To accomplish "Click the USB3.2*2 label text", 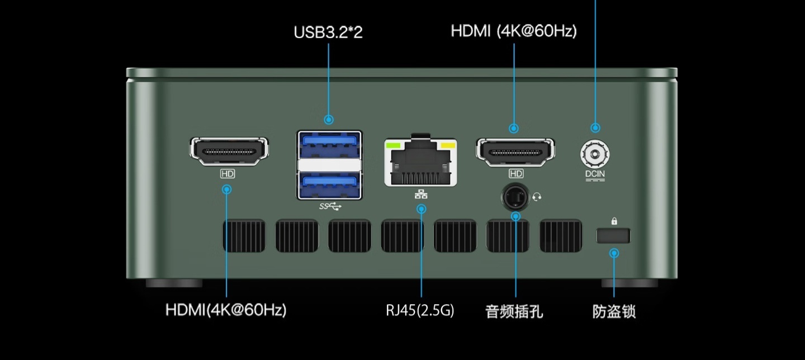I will (328, 32).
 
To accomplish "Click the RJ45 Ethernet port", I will (420, 163).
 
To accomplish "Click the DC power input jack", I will (595, 152).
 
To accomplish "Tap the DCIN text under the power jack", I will (595, 174).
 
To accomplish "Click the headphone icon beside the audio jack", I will (537, 196).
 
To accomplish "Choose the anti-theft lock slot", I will (613, 236).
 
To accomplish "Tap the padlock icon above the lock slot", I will (614, 221).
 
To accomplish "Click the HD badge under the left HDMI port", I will (227, 174).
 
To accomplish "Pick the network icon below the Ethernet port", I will (421, 195).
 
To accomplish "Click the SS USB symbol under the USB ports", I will (330, 206).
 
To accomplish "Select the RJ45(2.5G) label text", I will (420, 310).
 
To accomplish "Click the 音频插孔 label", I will (514, 311).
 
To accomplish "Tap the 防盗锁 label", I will (614, 311).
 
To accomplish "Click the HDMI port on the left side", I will (229, 151).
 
